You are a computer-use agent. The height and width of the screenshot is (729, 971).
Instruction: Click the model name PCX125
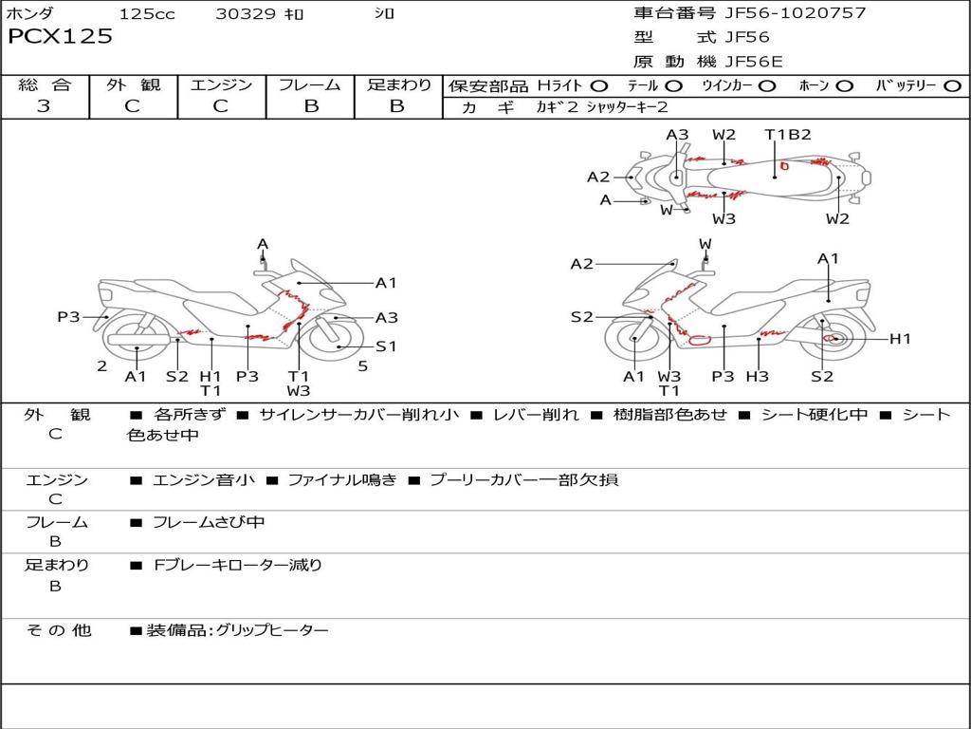(60, 37)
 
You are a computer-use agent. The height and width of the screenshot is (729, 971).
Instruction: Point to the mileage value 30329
(246, 14)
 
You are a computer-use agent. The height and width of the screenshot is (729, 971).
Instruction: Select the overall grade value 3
(44, 106)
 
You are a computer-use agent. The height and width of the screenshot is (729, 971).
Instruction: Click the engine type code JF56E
(754, 62)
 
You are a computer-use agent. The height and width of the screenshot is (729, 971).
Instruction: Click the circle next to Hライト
(599, 86)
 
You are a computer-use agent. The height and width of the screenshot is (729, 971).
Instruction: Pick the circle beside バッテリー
(952, 86)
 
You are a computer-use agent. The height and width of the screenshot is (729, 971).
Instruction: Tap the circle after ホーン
(845, 86)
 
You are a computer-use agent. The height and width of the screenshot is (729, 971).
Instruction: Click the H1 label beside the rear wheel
(899, 339)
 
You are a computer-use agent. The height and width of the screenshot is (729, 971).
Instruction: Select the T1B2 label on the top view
(788, 134)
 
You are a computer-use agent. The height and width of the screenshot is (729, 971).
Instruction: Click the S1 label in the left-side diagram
(386, 346)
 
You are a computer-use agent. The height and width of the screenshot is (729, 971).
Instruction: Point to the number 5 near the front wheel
(362, 365)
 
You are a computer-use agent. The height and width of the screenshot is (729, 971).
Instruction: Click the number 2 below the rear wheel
(101, 365)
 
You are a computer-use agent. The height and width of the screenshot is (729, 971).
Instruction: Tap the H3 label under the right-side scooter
(757, 377)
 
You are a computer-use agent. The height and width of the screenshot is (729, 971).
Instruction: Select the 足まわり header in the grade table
(399, 85)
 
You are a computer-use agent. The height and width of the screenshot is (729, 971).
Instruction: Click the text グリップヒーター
(272, 630)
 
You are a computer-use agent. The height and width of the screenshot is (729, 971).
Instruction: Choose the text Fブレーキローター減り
(238, 565)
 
